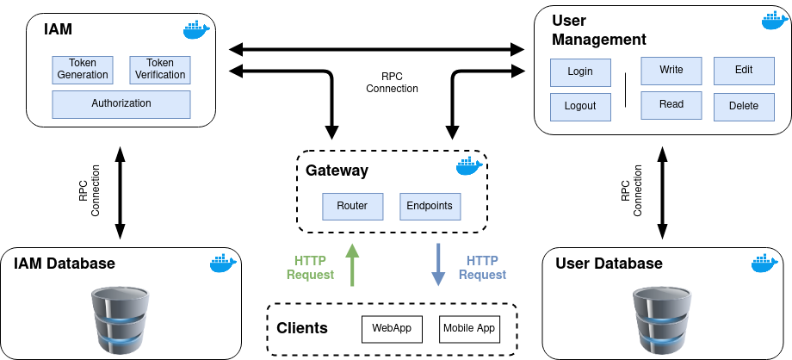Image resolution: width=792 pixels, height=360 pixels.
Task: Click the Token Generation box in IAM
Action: (x=83, y=70)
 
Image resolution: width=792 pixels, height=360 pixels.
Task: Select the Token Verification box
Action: (x=159, y=70)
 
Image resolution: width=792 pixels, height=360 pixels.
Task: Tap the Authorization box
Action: (x=121, y=104)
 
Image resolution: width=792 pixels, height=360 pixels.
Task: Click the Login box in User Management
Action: (x=580, y=71)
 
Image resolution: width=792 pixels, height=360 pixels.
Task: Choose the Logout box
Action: (x=580, y=107)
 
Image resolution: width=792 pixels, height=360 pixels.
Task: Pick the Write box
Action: (x=671, y=70)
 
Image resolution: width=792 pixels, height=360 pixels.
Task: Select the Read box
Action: (x=671, y=105)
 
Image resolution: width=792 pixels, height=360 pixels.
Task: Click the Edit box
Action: (x=744, y=70)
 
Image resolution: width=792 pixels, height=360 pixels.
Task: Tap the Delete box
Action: (x=744, y=107)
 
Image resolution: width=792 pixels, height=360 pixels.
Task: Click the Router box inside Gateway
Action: (x=352, y=207)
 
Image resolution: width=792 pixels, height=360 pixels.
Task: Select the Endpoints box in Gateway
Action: (x=430, y=207)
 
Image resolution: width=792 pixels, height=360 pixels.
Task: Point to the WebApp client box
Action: (x=393, y=328)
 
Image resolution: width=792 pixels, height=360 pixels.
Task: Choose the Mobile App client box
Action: (x=469, y=328)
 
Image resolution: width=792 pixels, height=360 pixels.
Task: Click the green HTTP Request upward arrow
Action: (x=350, y=264)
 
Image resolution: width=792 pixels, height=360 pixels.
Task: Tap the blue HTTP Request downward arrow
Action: (x=438, y=264)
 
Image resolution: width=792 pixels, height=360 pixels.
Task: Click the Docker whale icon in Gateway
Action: (x=468, y=165)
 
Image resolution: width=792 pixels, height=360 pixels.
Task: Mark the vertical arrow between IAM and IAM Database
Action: (x=121, y=191)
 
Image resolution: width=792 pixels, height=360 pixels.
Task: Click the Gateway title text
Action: (x=337, y=171)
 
